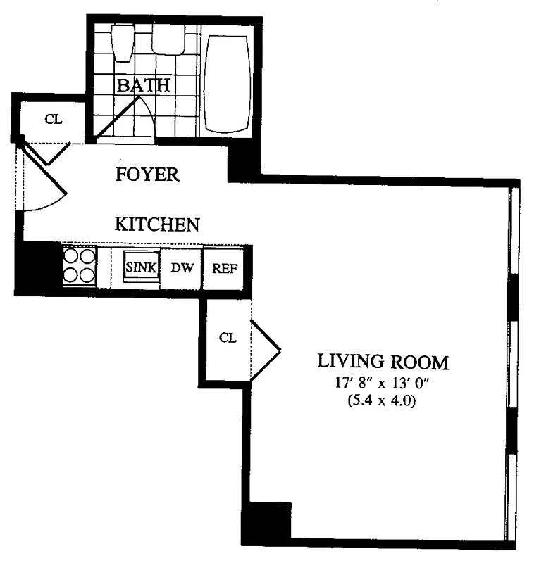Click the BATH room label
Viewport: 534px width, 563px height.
[144, 86]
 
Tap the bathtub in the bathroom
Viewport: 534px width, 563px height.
[227, 83]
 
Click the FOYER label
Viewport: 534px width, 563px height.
[147, 175]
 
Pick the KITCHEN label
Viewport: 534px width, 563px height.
[157, 224]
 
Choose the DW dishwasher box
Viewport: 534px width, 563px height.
[182, 268]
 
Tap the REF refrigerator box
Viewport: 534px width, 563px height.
[223, 268]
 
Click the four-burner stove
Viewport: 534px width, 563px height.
[79, 265]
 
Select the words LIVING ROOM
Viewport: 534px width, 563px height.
[383, 362]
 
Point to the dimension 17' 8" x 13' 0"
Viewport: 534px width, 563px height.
[383, 385]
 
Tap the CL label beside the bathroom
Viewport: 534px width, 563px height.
[54, 119]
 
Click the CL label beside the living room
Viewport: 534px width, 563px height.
[227, 337]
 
